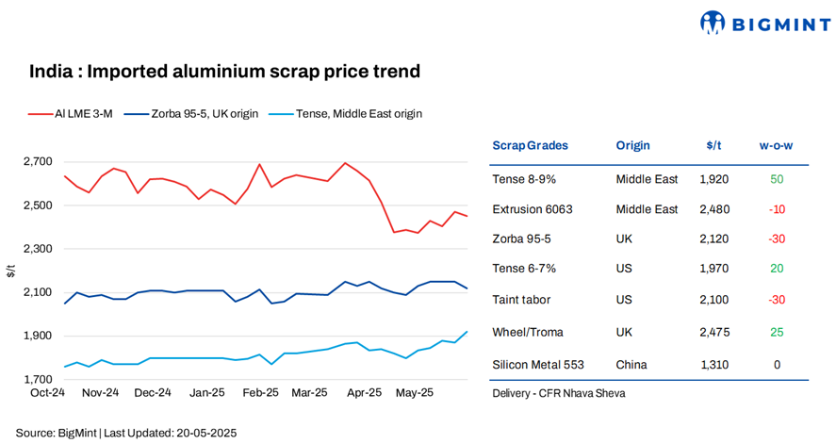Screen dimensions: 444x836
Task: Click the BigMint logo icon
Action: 713,22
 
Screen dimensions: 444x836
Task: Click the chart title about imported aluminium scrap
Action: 224,72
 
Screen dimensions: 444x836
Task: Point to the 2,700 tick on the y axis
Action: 38,162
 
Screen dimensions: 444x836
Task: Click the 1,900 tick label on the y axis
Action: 38,337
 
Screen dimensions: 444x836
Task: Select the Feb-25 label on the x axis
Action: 261,392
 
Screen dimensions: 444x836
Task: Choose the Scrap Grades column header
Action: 530,145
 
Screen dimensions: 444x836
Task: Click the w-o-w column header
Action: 776,145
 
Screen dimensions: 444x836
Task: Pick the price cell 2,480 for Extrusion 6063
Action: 713,209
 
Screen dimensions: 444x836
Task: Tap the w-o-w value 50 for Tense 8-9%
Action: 777,178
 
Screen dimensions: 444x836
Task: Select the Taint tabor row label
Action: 521,300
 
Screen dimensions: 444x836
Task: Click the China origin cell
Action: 632,364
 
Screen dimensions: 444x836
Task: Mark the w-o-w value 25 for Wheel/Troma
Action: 777,332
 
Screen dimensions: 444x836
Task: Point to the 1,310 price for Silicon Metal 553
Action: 713,364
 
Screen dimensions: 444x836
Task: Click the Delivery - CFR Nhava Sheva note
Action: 558,393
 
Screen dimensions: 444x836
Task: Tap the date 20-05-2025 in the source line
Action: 204,433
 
